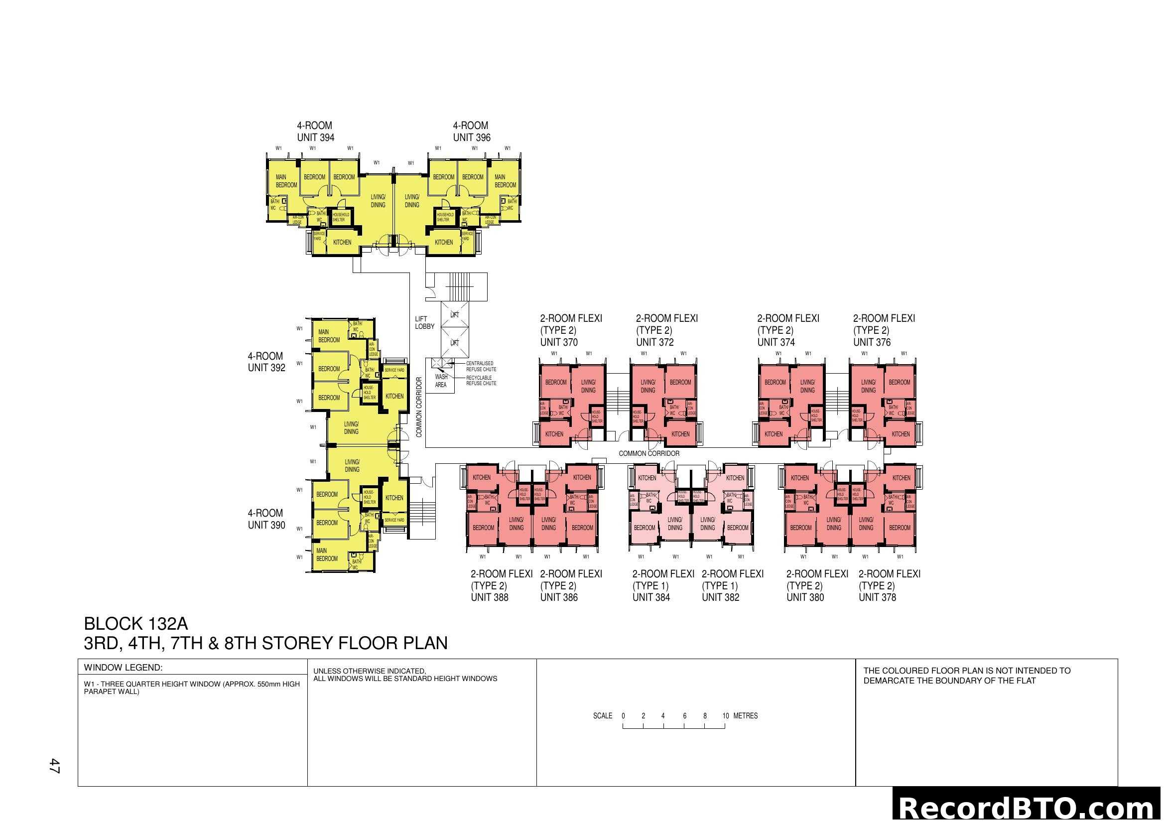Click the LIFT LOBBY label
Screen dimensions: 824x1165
[424, 323]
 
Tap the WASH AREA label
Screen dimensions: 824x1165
[441, 381]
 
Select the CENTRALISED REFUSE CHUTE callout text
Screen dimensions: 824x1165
[481, 366]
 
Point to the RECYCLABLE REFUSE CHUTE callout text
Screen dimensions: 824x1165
[481, 381]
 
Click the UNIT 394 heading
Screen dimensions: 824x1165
[316, 137]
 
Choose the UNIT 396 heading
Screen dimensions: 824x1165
[471, 137]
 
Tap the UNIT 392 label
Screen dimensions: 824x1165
[266, 368]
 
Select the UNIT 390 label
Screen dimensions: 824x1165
[266, 525]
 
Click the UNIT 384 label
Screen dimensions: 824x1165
[651, 597]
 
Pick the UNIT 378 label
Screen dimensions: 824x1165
[877, 597]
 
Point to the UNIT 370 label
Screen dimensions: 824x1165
[559, 342]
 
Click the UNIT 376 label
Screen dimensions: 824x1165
[872, 342]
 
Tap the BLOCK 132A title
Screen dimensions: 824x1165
[135, 624]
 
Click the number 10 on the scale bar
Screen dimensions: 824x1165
[726, 716]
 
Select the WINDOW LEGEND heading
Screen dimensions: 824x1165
[123, 668]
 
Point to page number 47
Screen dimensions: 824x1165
[54, 766]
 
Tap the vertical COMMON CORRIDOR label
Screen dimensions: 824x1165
[419, 407]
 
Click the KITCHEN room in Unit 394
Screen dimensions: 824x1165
[342, 243]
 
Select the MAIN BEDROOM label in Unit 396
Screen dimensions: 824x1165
[505, 181]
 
